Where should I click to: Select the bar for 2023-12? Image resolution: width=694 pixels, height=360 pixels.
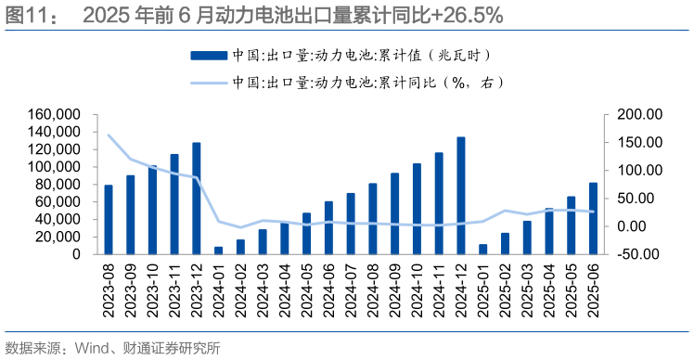pyautogui.click(x=196, y=199)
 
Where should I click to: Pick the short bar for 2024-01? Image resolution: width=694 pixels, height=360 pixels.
pyautogui.click(x=218, y=250)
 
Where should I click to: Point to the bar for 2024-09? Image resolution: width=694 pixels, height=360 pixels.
pyautogui.click(x=394, y=213)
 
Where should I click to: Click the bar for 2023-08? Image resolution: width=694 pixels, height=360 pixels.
pyautogui.click(x=109, y=219)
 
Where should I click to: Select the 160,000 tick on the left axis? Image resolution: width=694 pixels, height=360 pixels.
pyautogui.click(x=59, y=114)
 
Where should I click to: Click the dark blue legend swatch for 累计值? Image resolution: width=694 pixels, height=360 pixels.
pyautogui.click(x=208, y=57)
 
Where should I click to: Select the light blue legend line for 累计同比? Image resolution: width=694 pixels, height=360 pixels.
pyautogui.click(x=208, y=83)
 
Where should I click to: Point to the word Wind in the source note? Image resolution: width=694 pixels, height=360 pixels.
pyautogui.click(x=95, y=349)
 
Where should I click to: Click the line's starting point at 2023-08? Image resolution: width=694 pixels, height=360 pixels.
pyautogui.click(x=109, y=135)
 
